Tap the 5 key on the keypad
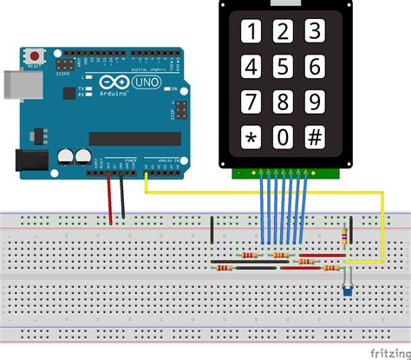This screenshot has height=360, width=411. [x=281, y=67]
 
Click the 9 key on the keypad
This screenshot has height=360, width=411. [x=315, y=101]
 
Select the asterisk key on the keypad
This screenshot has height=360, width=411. [x=251, y=137]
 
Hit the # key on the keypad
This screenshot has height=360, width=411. [x=315, y=137]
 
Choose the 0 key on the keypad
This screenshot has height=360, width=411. [x=282, y=137]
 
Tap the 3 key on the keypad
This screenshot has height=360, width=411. [x=315, y=32]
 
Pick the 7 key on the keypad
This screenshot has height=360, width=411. [x=251, y=101]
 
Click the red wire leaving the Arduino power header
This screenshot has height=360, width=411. [x=109, y=195]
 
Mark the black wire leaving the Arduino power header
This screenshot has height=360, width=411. [x=122, y=195]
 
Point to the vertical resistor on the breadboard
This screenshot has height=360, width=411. [x=348, y=236]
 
